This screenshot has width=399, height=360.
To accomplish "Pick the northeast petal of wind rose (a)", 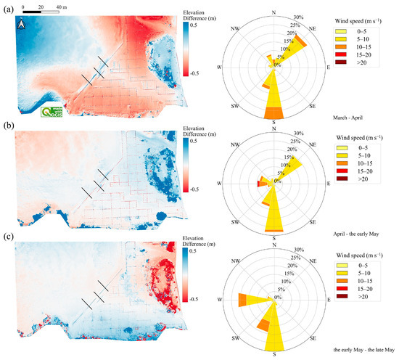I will coord(292,49).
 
